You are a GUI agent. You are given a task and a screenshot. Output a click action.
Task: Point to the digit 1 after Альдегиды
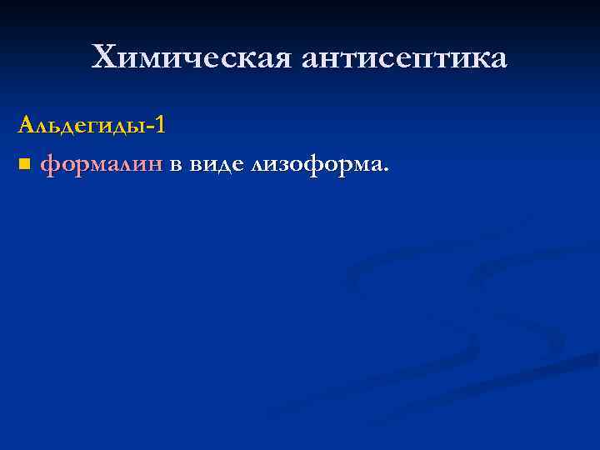pos(159,125)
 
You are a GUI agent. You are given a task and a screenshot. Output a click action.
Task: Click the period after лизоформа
pos(385,170)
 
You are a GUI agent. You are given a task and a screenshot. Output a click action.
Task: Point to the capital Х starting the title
pos(104,58)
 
